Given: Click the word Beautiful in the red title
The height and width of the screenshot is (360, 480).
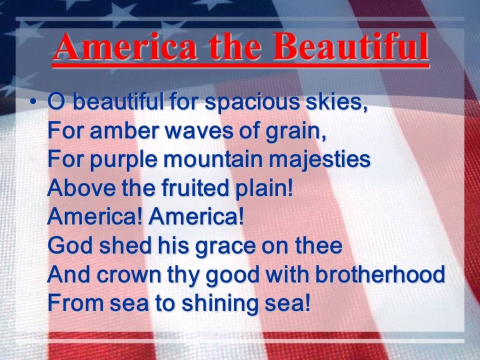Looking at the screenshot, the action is [x=350, y=46].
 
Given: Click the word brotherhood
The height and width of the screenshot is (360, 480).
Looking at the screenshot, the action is [x=380, y=273].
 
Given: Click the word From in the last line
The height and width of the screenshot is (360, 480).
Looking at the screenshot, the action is [x=74, y=303].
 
